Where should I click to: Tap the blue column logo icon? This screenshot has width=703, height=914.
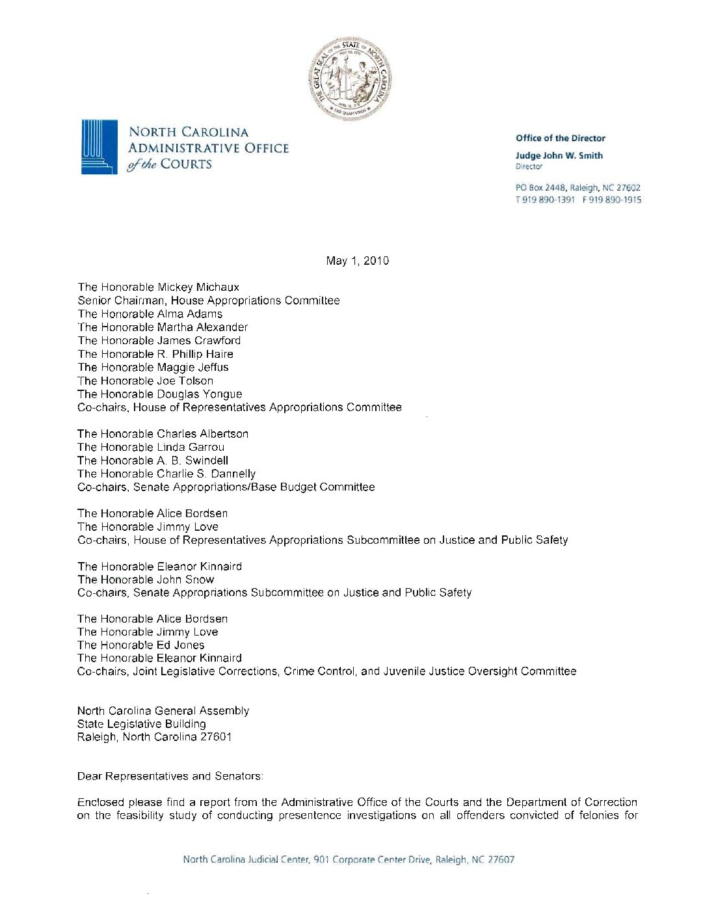[99, 146]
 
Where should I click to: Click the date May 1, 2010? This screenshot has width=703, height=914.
[357, 261]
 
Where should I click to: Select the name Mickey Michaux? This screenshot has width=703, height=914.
[198, 287]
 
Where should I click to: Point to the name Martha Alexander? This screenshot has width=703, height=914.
[202, 327]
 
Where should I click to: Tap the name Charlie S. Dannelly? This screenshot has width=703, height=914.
[206, 474]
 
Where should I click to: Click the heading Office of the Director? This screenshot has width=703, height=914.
[560, 138]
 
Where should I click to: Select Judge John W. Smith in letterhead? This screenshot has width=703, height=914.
[559, 155]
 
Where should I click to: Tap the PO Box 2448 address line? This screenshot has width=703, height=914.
[577, 188]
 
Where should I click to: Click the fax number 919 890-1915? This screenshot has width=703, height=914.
[613, 200]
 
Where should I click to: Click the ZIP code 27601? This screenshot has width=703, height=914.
[215, 737]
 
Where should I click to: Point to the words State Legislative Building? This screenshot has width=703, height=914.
[141, 724]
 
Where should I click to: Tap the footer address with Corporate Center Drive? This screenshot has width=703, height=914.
[349, 859]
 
